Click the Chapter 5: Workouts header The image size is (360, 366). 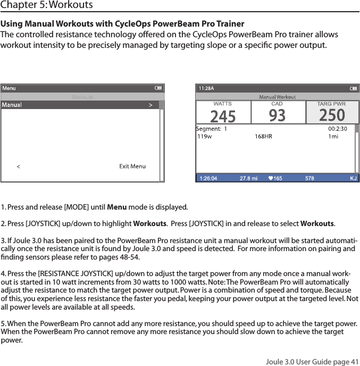(46, 5)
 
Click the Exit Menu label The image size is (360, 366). (132, 167)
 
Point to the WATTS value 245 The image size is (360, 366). (223, 115)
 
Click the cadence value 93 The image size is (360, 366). (277, 115)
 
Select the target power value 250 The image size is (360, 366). (332, 115)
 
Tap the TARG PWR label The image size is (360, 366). (331, 104)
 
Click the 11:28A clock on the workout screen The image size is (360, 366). (206, 88)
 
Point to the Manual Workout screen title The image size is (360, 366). (277, 97)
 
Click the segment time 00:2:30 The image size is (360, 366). (338, 128)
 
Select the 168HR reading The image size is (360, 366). (263, 137)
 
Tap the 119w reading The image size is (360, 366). (204, 137)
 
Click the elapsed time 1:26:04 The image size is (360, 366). (207, 178)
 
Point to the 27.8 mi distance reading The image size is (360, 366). (248, 178)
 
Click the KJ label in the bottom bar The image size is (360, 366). (353, 178)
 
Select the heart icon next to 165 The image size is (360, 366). (271, 178)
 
